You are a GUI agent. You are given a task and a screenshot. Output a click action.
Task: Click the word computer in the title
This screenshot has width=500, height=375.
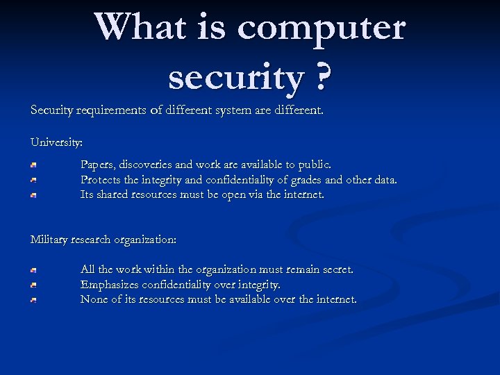pos(321,28)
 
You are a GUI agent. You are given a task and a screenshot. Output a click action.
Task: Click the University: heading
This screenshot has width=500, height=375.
pos(56,142)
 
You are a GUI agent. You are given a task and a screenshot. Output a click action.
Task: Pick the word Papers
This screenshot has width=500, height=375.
pos(97,165)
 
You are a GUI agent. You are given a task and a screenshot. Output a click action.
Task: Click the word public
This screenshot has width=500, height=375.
pos(315,165)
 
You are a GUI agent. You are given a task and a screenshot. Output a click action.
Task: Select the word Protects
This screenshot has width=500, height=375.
pos(102,181)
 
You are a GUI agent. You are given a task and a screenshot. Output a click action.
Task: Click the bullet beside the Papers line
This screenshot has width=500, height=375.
pos(33,165)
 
